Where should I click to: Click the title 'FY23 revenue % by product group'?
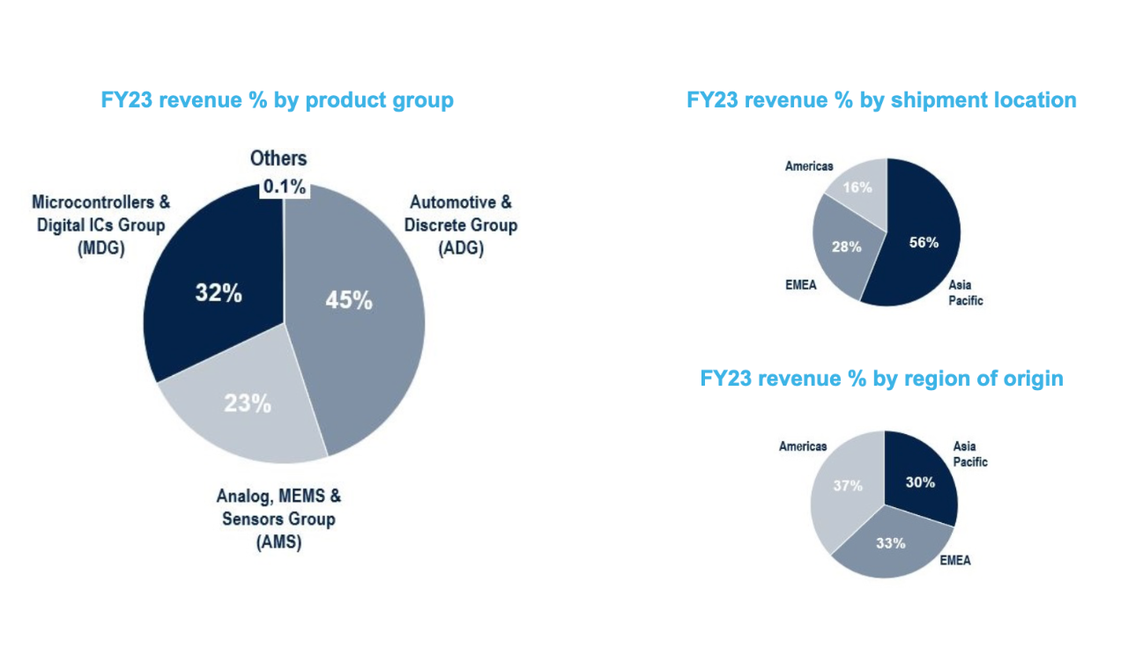278,100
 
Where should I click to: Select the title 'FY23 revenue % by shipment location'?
881,100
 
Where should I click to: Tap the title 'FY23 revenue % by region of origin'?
881,378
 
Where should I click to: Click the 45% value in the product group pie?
349,299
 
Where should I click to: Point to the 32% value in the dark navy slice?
219,293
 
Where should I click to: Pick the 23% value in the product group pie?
247,403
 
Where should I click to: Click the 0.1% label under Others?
284,187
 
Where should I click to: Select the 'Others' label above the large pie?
278,158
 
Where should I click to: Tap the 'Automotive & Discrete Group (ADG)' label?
461,225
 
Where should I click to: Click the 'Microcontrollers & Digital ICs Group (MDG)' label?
100,225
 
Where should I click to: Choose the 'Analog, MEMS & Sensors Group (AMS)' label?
276,519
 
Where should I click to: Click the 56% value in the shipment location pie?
924,242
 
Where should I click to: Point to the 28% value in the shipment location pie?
846,247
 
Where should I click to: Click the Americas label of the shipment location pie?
809,166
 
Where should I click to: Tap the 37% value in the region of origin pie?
848,483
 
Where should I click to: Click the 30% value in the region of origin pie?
920,482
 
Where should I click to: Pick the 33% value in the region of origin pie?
891,542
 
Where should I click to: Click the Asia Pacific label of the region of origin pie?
970,454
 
